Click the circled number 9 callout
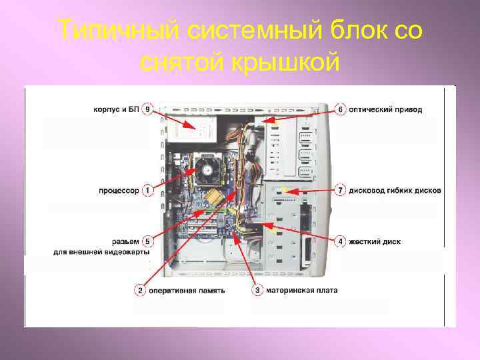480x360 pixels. click(147, 109)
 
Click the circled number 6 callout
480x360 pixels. click(340, 109)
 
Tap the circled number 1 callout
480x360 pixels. click(147, 191)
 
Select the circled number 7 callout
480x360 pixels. click(340, 191)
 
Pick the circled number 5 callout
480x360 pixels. click(147, 241)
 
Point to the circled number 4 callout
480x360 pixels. click(340, 241)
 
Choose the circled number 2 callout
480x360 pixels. click(140, 290)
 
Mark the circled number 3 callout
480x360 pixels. click(257, 290)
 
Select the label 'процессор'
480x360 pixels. click(119, 191)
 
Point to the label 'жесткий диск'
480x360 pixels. click(375, 241)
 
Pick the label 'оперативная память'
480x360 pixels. click(187, 291)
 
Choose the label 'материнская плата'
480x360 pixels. click(301, 290)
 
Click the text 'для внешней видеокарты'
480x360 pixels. click(101, 252)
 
